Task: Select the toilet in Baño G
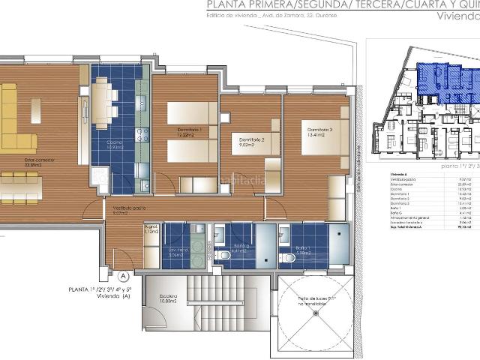click(223, 256)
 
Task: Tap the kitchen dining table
click(102, 102)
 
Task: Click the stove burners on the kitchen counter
click(141, 135)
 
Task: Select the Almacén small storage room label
click(151, 230)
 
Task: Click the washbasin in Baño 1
click(284, 237)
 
